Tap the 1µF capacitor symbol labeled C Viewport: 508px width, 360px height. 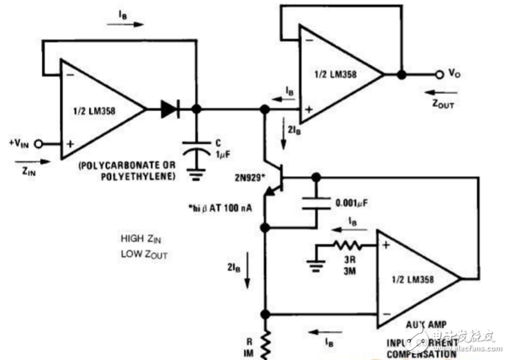196,149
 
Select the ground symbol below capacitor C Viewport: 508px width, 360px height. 196,173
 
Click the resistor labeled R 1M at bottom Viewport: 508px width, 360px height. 266,345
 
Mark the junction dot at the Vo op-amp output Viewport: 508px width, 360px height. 402,74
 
